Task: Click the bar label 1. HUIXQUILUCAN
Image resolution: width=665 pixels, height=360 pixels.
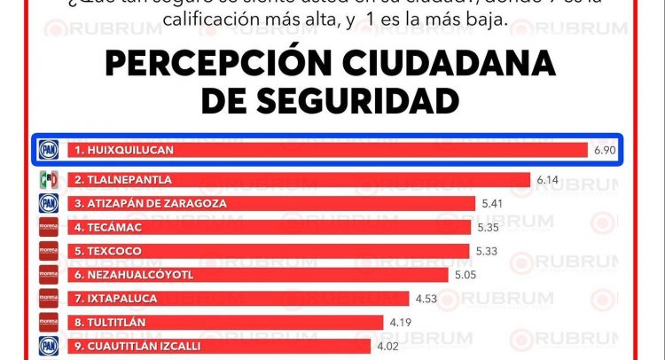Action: pos(123,151)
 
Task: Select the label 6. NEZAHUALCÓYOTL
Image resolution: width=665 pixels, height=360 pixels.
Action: pos(134,274)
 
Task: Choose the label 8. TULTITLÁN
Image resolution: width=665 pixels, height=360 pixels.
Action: pos(110,322)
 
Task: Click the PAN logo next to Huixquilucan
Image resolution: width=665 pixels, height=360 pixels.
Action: pos(49,151)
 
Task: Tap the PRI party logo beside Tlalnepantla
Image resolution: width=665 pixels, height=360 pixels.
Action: pos(49,180)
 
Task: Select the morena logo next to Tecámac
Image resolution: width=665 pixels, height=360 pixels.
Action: pos(49,227)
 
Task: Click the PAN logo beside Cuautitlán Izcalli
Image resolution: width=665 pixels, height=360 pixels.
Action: pos(49,346)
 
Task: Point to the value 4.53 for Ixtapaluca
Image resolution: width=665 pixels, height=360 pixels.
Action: pos(427,298)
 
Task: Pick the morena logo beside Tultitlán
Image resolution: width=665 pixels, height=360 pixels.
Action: pos(49,322)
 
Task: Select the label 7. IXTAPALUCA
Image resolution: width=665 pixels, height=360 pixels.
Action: pos(115,298)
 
